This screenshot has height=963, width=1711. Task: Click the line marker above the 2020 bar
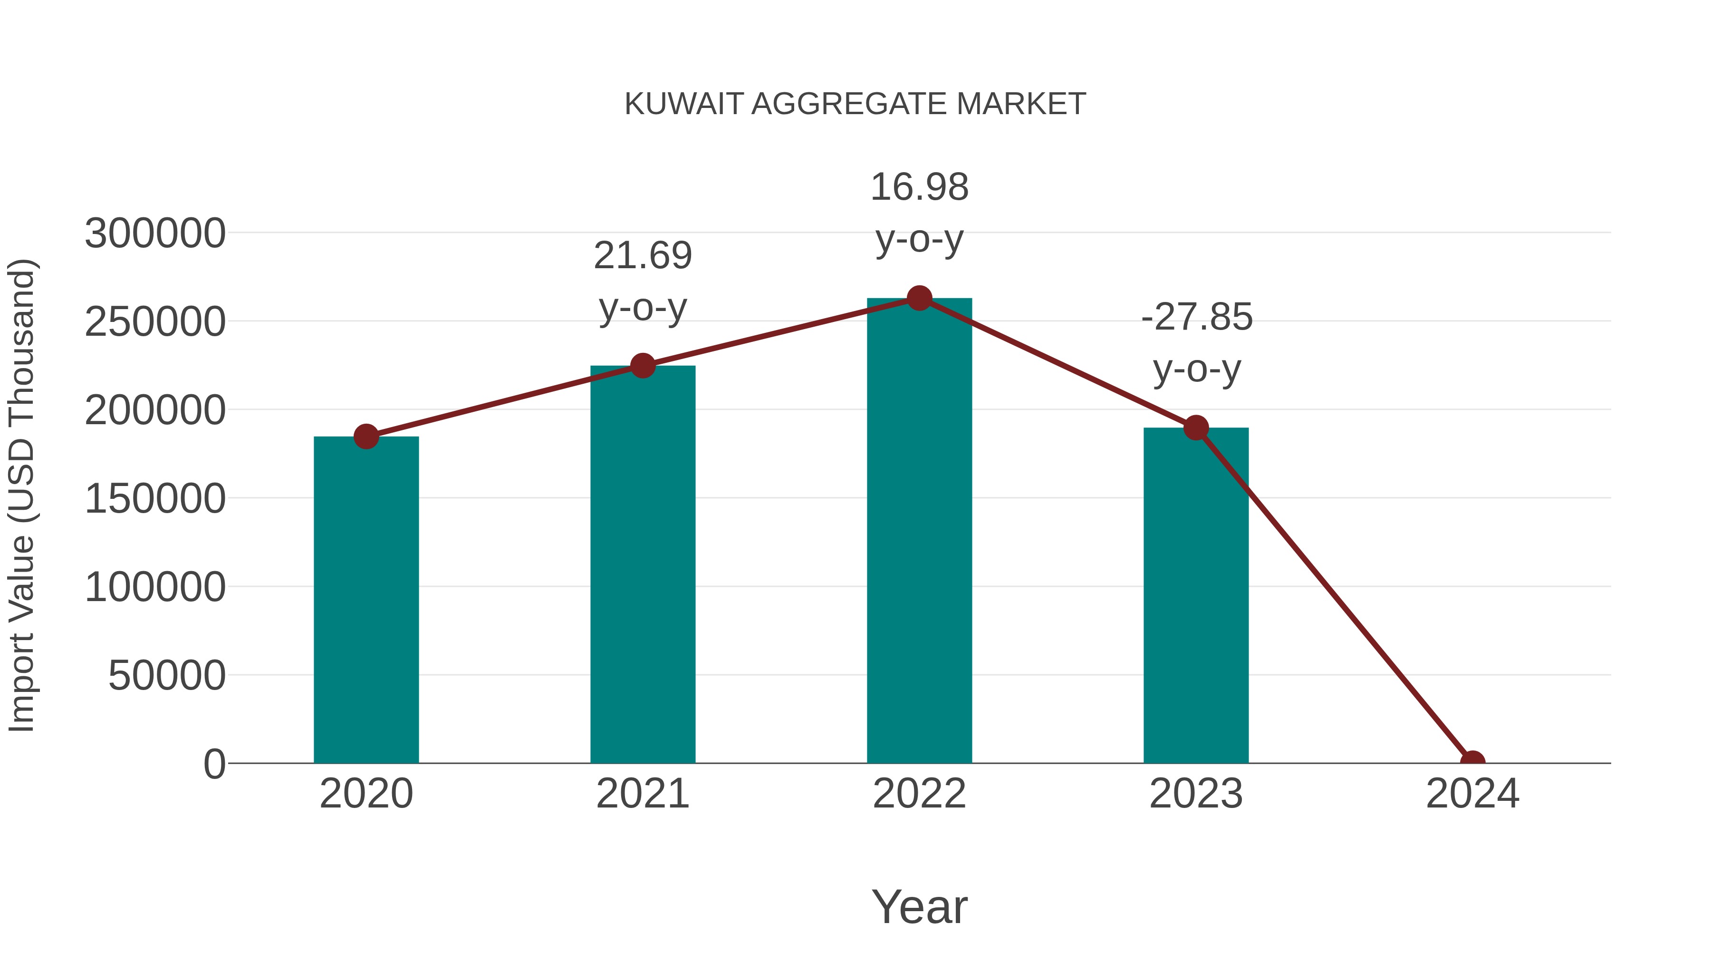(x=366, y=437)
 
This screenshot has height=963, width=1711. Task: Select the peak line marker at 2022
(x=919, y=298)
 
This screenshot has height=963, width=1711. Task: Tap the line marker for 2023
(x=1196, y=428)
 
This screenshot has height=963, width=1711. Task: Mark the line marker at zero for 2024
(x=1472, y=762)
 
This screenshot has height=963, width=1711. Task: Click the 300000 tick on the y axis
(x=155, y=234)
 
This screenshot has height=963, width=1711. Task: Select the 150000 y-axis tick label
(x=155, y=499)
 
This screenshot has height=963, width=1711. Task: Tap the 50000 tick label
(x=167, y=676)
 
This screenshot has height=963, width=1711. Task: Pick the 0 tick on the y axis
(x=214, y=764)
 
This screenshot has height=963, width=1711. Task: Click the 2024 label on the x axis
(x=1472, y=794)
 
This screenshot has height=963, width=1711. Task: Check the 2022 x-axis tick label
(x=919, y=794)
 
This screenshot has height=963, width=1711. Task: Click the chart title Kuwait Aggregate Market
(x=855, y=104)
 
